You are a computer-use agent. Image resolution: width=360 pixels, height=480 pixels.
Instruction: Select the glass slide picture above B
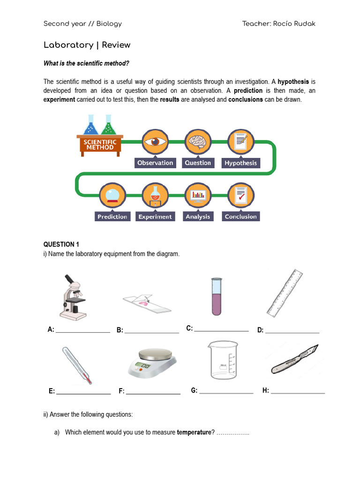(x=146, y=304)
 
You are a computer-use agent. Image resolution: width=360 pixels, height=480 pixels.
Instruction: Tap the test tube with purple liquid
(x=216, y=296)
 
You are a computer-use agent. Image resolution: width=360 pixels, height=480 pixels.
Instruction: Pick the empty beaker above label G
(x=223, y=360)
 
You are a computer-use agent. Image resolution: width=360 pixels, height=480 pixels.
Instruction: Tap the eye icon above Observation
(x=155, y=142)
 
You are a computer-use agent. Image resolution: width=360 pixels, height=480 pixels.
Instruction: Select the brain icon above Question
(x=197, y=142)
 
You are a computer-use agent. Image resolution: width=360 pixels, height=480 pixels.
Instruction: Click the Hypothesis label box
(x=240, y=163)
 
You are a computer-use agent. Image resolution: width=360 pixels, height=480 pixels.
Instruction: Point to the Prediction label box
(x=112, y=217)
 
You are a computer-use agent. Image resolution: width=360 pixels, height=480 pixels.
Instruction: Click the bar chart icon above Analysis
(x=198, y=195)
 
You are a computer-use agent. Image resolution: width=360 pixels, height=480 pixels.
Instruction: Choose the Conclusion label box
(x=240, y=217)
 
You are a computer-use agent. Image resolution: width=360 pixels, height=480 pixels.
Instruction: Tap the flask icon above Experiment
(x=155, y=195)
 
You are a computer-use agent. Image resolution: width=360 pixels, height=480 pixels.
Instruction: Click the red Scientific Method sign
(x=100, y=144)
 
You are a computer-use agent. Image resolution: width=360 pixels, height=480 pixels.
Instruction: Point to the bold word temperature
(x=194, y=432)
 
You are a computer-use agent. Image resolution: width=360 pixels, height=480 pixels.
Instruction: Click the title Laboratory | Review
(x=87, y=45)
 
